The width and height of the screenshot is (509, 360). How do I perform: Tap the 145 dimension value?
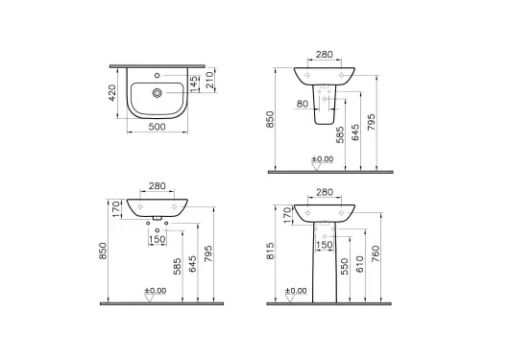(196, 84)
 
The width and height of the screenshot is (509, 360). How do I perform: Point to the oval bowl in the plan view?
(156, 94)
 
